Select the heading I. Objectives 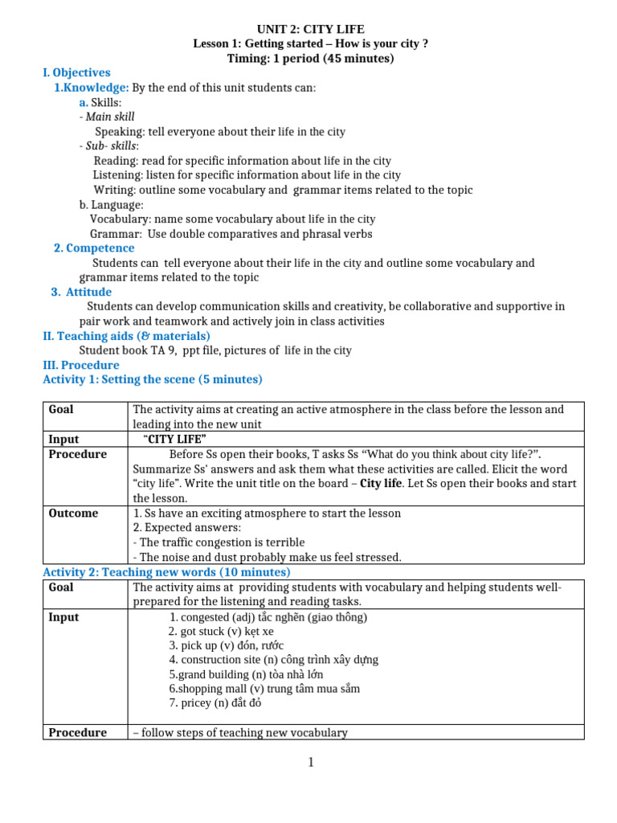[x=76, y=72]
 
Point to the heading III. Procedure [x=80, y=365]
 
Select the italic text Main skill [x=110, y=117]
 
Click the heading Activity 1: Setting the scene [x=152, y=379]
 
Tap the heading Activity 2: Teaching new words [x=165, y=572]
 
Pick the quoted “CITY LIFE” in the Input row [x=174, y=439]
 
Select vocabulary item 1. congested [x=268, y=617]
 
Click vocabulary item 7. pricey [x=215, y=703]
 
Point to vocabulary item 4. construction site [x=273, y=660]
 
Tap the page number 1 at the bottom [x=311, y=763]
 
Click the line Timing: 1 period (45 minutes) [x=310, y=58]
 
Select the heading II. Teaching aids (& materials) [x=126, y=336]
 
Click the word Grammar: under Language [x=116, y=234]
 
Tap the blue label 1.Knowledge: [x=91, y=87]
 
